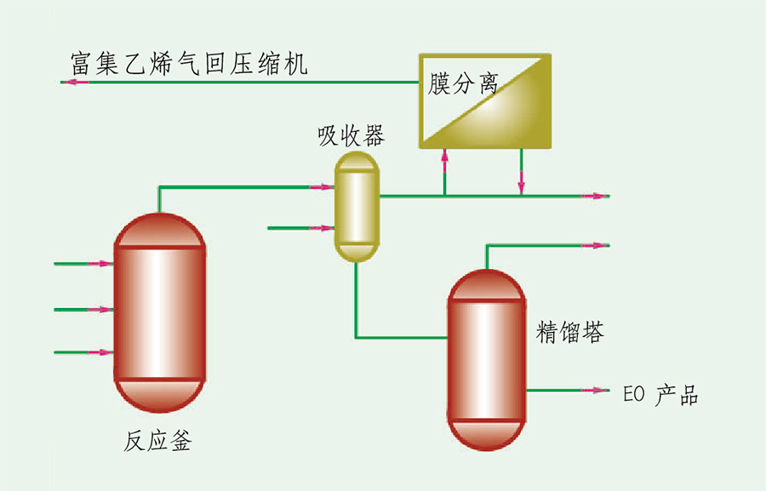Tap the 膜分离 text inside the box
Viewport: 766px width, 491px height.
pyautogui.click(x=463, y=83)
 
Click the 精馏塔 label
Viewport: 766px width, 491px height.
pyautogui.click(x=570, y=332)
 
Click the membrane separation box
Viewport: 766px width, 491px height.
pyautogui.click(x=485, y=100)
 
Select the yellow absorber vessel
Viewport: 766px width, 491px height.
pyautogui.click(x=356, y=206)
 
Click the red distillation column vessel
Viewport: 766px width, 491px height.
pyautogui.click(x=488, y=361)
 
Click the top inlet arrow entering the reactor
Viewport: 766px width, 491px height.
pyautogui.click(x=105, y=264)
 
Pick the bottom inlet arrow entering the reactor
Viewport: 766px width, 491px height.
pyautogui.click(x=105, y=352)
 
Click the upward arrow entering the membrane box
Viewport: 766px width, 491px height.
pyautogui.click(x=444, y=157)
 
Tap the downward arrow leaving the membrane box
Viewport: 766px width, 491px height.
pyautogui.click(x=522, y=185)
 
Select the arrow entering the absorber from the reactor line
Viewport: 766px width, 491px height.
pyautogui.click(x=324, y=186)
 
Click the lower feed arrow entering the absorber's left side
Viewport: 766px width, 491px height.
pyautogui.click(x=324, y=228)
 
